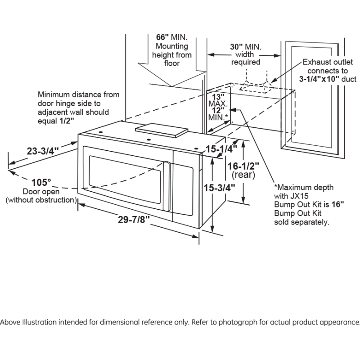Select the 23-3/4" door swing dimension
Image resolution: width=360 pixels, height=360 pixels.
click(x=43, y=151)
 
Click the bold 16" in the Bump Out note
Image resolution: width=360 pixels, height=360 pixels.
click(x=337, y=204)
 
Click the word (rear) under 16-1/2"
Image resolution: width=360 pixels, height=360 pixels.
click(x=243, y=174)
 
